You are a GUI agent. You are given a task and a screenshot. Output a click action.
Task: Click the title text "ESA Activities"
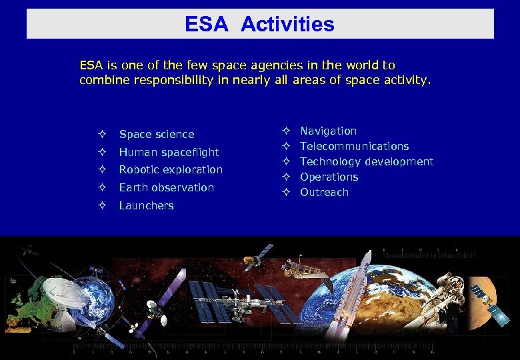259,25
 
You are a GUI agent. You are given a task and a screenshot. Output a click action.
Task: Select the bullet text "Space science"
157,135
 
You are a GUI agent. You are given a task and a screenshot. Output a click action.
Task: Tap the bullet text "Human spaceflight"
169,152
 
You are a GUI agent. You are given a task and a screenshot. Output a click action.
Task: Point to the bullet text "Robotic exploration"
171,170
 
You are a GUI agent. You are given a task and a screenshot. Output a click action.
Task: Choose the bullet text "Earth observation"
166,188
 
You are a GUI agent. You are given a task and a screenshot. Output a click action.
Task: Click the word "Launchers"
146,206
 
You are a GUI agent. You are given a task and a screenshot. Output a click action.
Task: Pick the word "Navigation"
328,131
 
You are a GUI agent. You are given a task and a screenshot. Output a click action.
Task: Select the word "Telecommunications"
354,147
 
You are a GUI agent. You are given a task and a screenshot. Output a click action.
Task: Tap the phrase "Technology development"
366,162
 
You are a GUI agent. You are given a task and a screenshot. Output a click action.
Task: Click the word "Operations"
329,177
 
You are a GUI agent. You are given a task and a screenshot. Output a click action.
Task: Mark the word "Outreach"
324,193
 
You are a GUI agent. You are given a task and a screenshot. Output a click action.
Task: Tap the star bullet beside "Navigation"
285,131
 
